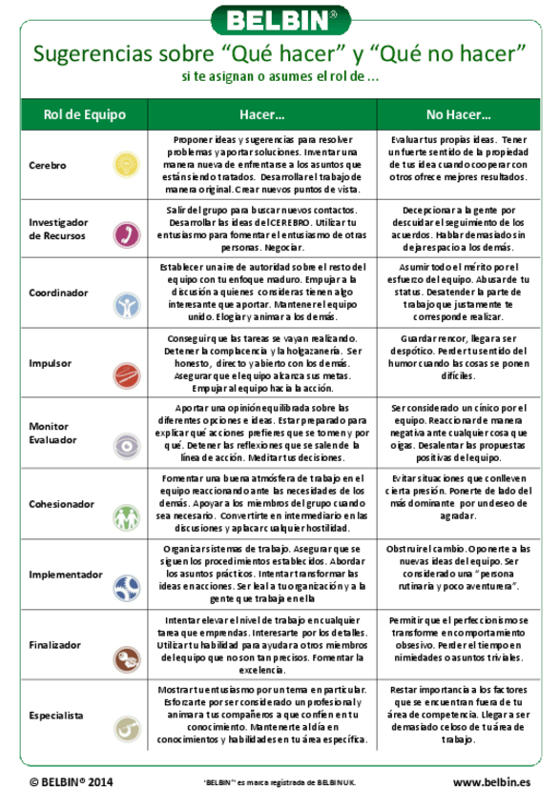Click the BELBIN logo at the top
coord(280,18)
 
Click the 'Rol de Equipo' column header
coord(84,114)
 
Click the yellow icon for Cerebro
coord(123,161)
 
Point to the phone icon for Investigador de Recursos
coord(123,232)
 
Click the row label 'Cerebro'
coord(48,165)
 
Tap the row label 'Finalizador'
coord(55,645)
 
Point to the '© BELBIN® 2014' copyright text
coord(72,782)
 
